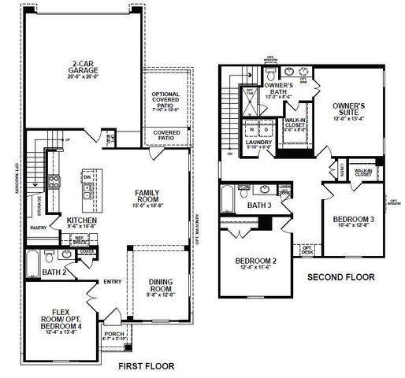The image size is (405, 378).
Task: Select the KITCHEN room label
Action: (x=81, y=220)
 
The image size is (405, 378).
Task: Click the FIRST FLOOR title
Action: (x=145, y=366)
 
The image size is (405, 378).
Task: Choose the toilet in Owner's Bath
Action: (x=269, y=77)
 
